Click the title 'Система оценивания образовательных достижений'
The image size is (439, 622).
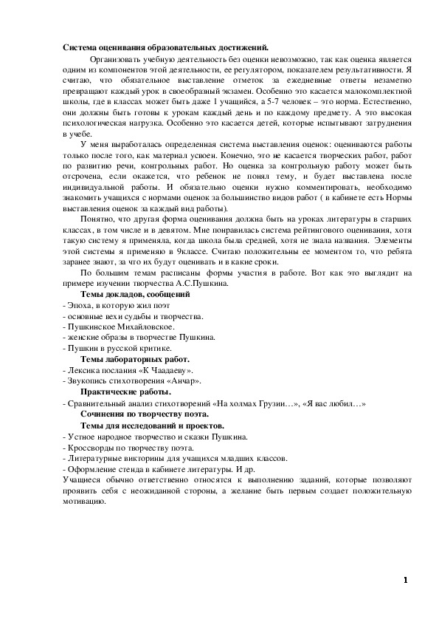pyautogui.click(x=165, y=47)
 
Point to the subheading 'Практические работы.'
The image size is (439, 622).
pyautogui.click(x=125, y=391)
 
